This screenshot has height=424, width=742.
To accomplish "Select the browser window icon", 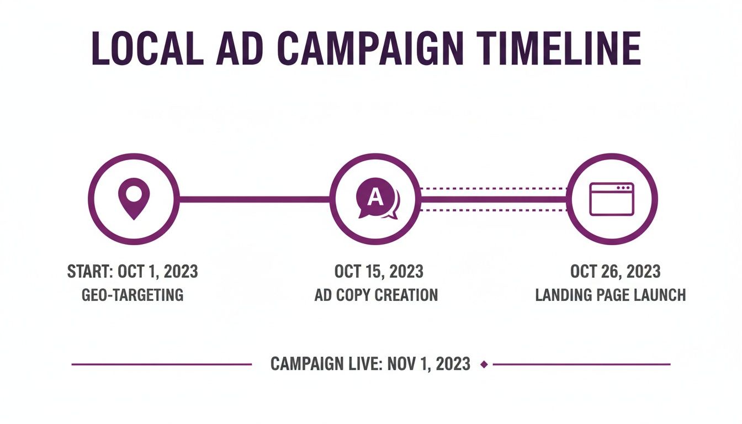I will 612,199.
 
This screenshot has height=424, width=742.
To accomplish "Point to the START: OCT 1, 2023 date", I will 132,272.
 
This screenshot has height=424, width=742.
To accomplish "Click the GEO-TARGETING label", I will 132,295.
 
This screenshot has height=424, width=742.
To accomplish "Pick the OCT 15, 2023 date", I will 379,272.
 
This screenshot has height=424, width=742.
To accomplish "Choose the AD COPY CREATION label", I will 376,295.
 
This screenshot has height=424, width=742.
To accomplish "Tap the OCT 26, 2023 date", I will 615,272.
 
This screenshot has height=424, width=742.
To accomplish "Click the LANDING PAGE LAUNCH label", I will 611,295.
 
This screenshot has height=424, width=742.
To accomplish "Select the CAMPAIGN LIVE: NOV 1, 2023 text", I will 370,364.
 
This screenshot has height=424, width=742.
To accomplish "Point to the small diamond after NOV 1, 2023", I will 484,364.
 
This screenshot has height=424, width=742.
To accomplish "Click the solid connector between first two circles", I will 254,199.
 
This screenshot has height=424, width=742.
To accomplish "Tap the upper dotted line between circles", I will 494,189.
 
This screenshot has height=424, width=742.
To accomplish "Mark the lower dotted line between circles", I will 494,210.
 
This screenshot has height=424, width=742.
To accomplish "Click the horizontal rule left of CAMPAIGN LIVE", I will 161,364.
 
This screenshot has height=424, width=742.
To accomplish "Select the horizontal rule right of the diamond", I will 581,364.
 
